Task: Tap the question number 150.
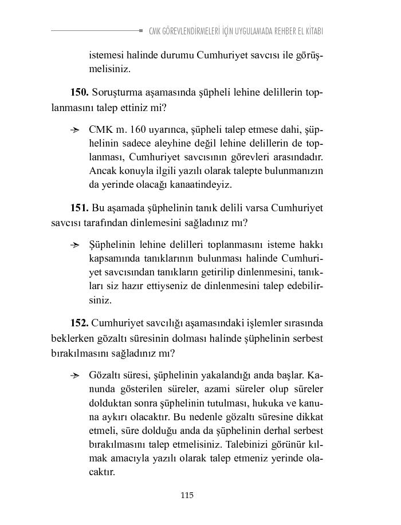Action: point(79,92)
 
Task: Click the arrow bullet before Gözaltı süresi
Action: point(74,376)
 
